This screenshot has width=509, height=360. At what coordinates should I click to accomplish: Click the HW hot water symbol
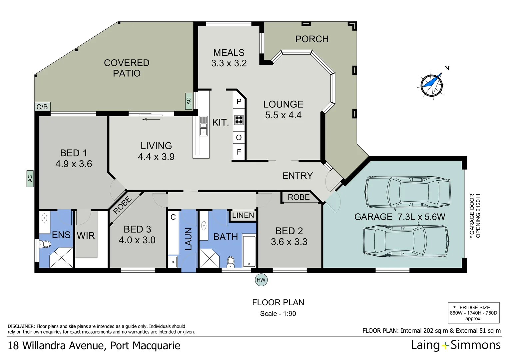261,280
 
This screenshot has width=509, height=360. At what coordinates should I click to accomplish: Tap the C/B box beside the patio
42,107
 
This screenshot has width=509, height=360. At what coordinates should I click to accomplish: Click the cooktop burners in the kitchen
239,120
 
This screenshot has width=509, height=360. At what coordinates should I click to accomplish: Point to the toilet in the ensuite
45,244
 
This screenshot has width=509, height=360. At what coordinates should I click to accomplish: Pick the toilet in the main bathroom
231,262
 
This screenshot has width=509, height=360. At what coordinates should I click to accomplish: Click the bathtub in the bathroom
249,251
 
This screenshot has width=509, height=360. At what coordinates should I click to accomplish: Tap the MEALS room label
229,53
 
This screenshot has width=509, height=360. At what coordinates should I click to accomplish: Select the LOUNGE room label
283,104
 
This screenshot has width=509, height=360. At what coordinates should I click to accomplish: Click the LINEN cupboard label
243,215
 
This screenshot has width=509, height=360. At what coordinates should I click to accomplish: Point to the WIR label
86,236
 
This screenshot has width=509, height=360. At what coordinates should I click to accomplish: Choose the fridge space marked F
239,152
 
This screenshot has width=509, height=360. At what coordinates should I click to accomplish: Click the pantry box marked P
239,101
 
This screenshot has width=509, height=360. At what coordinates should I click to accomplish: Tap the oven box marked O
239,137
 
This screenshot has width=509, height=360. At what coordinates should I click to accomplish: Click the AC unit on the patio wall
189,101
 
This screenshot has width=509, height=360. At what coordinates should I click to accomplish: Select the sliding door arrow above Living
151,119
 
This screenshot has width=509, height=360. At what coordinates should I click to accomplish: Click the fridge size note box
474,313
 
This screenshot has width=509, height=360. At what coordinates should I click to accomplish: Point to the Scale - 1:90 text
278,314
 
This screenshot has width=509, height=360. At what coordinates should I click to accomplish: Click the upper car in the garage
407,192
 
